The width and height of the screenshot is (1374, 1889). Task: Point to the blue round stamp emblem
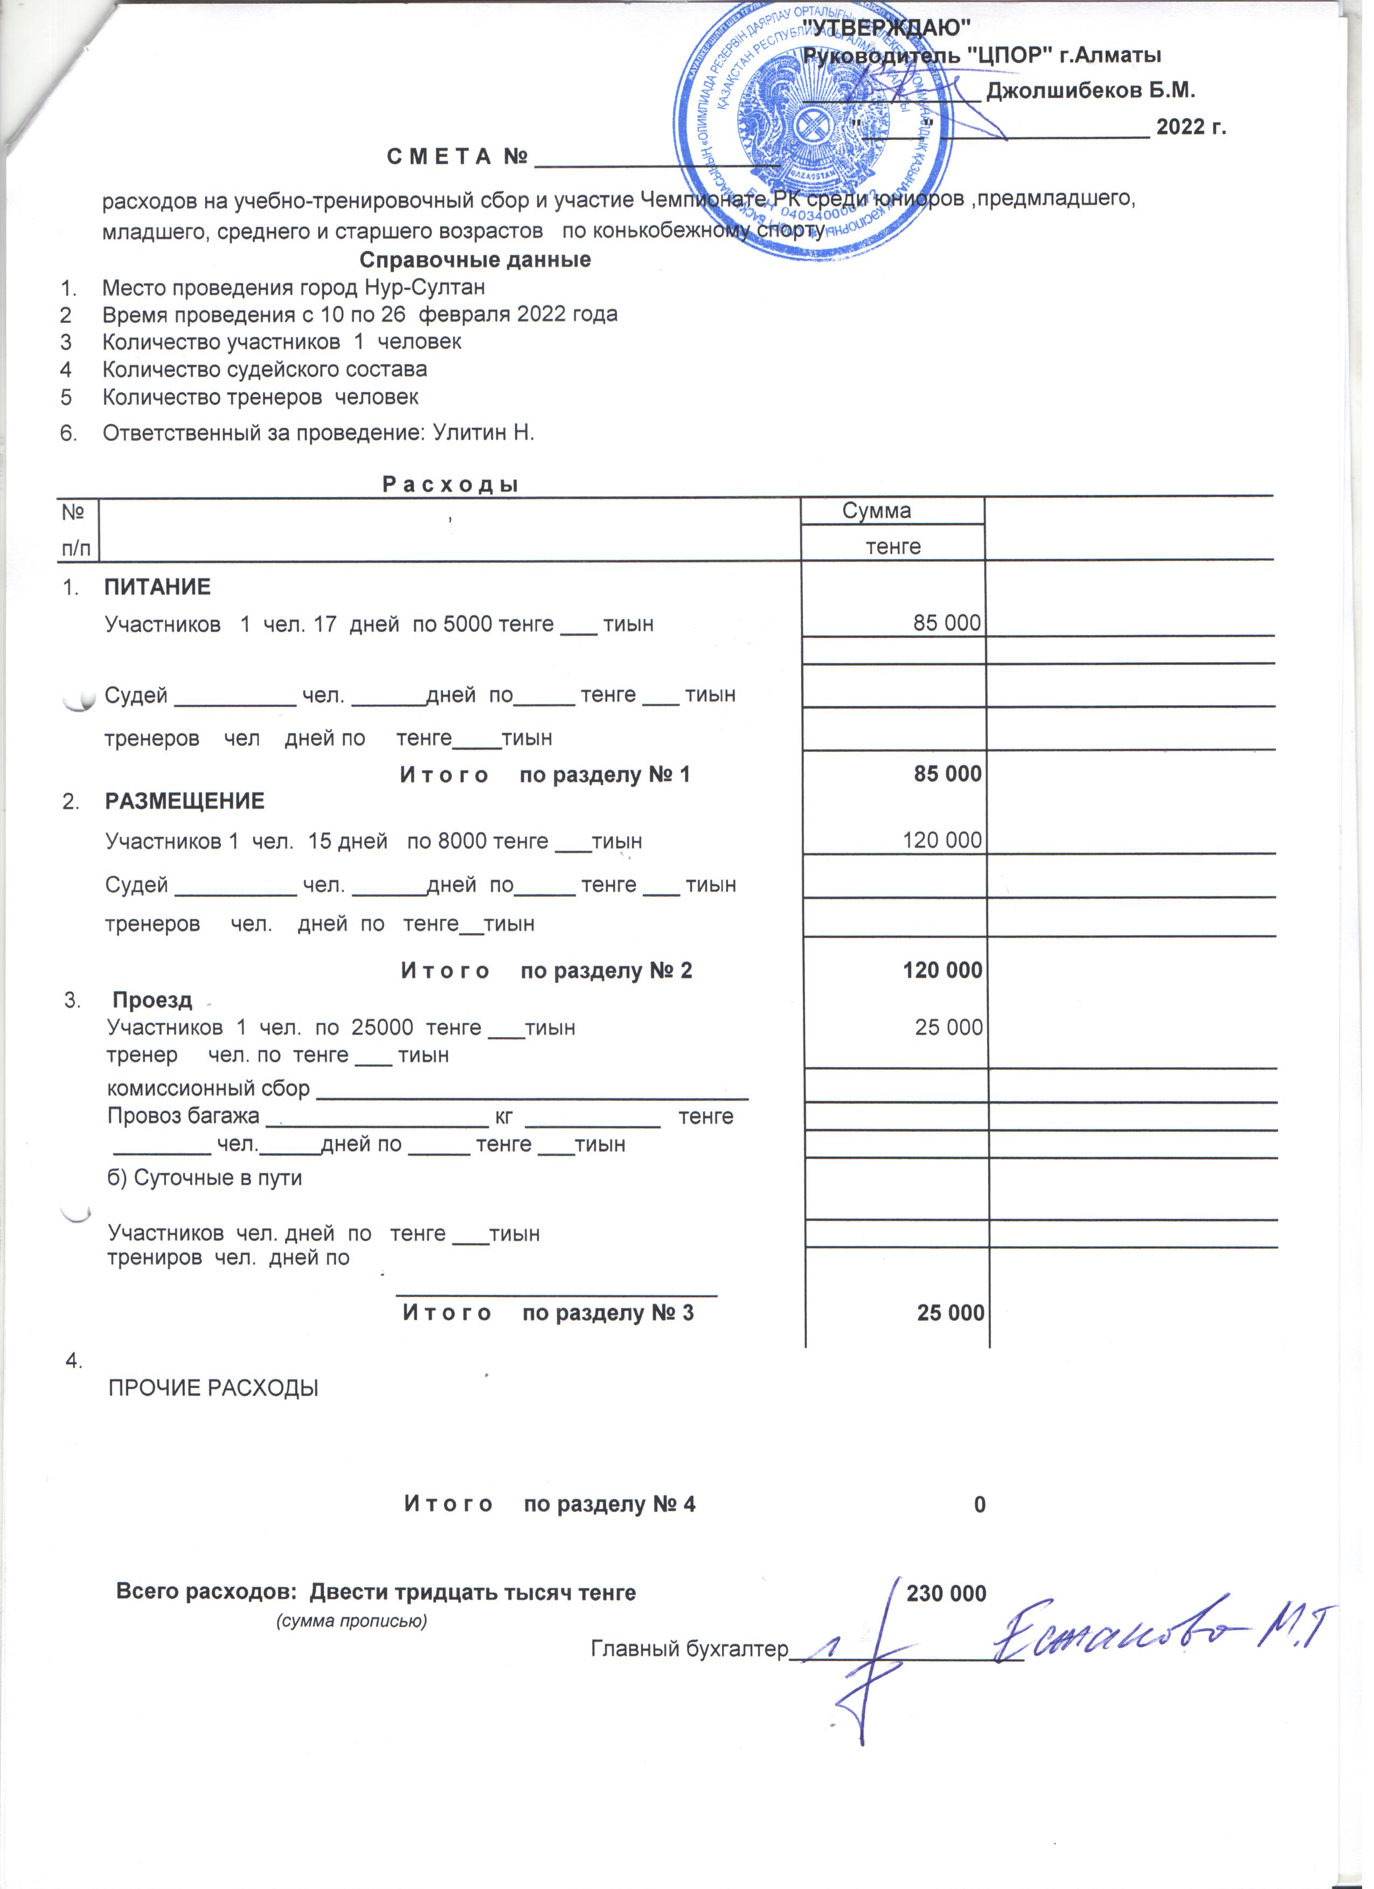(820, 125)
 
